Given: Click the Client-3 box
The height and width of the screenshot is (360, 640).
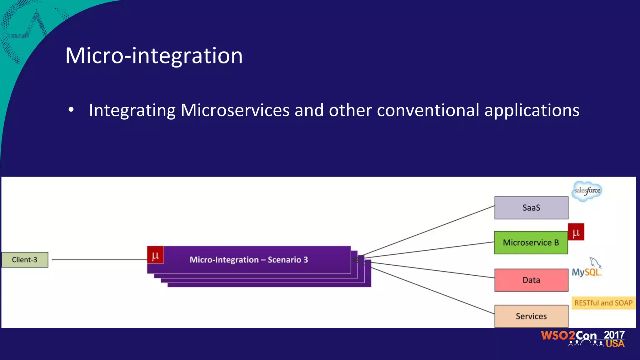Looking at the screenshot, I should [x=25, y=260].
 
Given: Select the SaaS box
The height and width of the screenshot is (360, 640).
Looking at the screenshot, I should [x=531, y=208].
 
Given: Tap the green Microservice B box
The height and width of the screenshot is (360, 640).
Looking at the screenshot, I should [x=531, y=242].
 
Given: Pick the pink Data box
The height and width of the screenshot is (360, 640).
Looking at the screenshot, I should [x=531, y=280].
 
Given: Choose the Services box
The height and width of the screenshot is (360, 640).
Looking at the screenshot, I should [x=531, y=316].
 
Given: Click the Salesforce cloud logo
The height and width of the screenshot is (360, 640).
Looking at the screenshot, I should [x=587, y=191].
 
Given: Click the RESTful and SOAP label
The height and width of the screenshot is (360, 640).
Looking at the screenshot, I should [x=603, y=303].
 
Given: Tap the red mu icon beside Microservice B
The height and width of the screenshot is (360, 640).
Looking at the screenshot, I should [x=576, y=232].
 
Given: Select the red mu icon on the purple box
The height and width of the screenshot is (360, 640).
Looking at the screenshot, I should [x=155, y=255].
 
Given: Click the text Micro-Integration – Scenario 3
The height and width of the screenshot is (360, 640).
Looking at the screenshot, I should [x=249, y=260].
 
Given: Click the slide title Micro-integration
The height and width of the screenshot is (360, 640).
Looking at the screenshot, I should [x=154, y=56].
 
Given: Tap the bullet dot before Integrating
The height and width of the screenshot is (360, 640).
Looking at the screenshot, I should [x=71, y=110].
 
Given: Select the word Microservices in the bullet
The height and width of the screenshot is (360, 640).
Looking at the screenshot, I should [x=235, y=110].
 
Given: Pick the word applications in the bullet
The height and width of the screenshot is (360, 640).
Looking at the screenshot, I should [x=532, y=110].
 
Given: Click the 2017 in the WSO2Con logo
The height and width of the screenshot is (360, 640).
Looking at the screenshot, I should [x=614, y=335].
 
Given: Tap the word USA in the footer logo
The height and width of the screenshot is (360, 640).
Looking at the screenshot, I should [x=615, y=344].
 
